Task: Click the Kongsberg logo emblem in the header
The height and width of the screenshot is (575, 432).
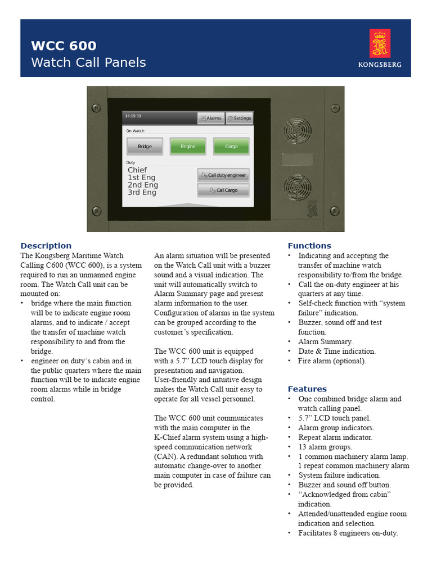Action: [380, 44]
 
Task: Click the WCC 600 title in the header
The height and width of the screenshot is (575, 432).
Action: [64, 46]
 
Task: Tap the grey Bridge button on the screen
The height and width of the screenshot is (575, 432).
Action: [145, 147]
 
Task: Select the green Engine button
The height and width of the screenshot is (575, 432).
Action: [188, 147]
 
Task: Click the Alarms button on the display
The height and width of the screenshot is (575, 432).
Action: [211, 118]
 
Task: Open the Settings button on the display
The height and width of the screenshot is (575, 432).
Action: [239, 118]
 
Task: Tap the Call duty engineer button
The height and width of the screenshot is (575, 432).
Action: [223, 175]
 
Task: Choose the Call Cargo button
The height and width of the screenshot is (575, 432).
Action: [223, 190]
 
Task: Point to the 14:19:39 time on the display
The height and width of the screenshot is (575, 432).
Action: [133, 116]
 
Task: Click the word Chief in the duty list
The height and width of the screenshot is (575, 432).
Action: [137, 170]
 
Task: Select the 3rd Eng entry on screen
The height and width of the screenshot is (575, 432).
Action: [142, 193]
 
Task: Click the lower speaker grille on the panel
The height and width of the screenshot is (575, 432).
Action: [297, 188]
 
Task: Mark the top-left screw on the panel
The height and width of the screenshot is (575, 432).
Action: [96, 107]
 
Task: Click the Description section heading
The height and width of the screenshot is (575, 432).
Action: [46, 246]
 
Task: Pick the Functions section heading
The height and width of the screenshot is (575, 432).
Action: [309, 246]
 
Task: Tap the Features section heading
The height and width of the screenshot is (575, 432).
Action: [307, 389]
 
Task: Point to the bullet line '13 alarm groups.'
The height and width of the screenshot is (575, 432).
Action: [325, 447]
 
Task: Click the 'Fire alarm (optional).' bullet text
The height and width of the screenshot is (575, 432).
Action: [332, 361]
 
